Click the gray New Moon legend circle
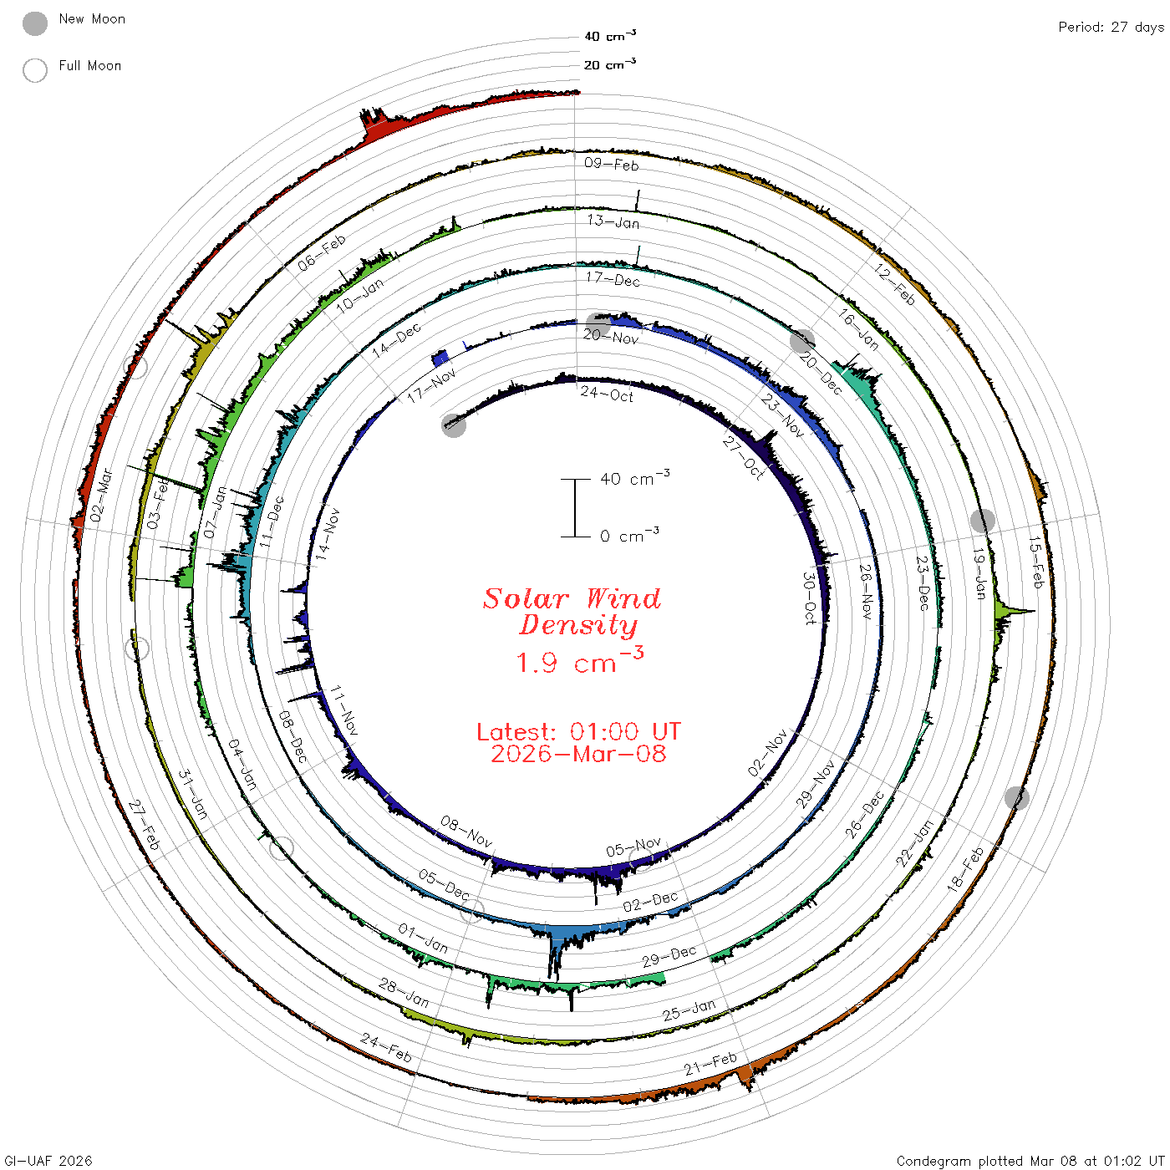tap(34, 23)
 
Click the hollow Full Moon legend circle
tap(34, 70)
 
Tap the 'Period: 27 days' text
tap(1111, 28)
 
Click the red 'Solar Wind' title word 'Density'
tap(578, 625)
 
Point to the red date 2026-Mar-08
tap(578, 754)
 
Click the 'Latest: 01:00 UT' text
tap(578, 731)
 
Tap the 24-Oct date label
tap(607, 394)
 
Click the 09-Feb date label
tap(611, 164)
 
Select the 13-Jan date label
tap(613, 221)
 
